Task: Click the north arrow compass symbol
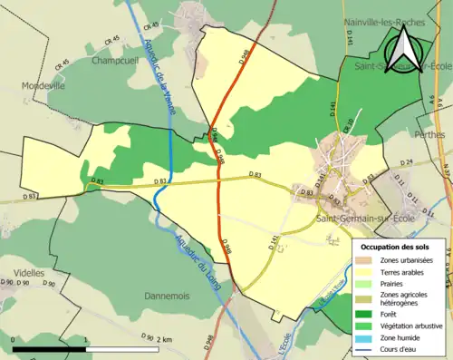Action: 405,50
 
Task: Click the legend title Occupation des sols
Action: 396,247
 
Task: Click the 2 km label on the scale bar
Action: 163,339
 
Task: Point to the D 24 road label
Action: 406,162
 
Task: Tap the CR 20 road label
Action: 348,135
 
